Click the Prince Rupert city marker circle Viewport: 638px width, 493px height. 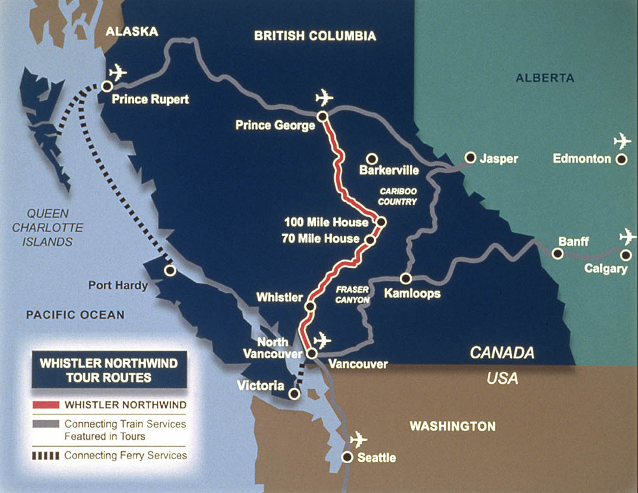pos(106,86)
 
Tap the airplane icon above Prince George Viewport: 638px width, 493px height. pos(323,98)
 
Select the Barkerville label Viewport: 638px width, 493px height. pos(389,171)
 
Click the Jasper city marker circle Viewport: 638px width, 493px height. pos(470,157)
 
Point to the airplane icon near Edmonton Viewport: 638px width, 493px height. pos(622,140)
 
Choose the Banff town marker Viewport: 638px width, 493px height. pos(557,254)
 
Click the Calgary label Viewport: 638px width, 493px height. pos(605,269)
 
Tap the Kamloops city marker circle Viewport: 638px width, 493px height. pos(405,278)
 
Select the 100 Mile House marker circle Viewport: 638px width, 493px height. pos(381,222)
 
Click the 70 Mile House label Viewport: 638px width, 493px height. pos(321,239)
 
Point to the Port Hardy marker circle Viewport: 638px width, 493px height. pos(170,270)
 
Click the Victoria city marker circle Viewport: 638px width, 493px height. pos(294,393)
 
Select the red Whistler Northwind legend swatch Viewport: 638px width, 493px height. pos(46,405)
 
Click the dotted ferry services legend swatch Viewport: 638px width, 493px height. pos(46,455)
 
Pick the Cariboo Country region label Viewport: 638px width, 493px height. pos(397,197)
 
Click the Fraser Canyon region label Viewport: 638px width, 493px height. pos(353,294)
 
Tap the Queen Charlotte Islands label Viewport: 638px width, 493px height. pos(47,228)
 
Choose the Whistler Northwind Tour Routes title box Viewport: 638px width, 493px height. pos(109,369)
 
